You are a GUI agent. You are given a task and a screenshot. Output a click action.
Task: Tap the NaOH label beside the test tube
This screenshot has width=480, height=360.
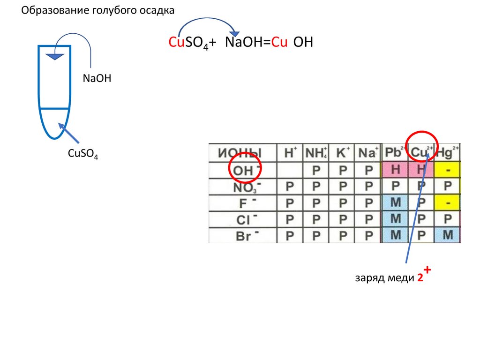97,78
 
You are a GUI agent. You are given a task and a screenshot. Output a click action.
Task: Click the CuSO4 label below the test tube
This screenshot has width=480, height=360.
83,153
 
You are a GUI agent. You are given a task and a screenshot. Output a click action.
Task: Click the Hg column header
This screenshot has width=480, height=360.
448,153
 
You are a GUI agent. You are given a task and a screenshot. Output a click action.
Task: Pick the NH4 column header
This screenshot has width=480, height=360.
315,153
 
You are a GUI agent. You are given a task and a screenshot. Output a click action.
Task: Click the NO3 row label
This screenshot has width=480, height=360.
245,187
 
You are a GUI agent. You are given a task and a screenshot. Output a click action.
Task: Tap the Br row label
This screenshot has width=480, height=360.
245,236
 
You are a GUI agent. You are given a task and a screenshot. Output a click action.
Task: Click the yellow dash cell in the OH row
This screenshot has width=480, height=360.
448,169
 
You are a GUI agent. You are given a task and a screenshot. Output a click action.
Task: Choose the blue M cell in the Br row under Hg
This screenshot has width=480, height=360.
448,235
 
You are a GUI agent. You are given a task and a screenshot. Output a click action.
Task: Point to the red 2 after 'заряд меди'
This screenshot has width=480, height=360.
420,278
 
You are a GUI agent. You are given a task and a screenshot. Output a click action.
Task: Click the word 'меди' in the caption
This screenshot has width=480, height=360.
401,278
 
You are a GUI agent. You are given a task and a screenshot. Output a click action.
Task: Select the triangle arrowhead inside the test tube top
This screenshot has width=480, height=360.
55,56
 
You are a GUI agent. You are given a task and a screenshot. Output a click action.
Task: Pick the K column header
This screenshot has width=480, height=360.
342,153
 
